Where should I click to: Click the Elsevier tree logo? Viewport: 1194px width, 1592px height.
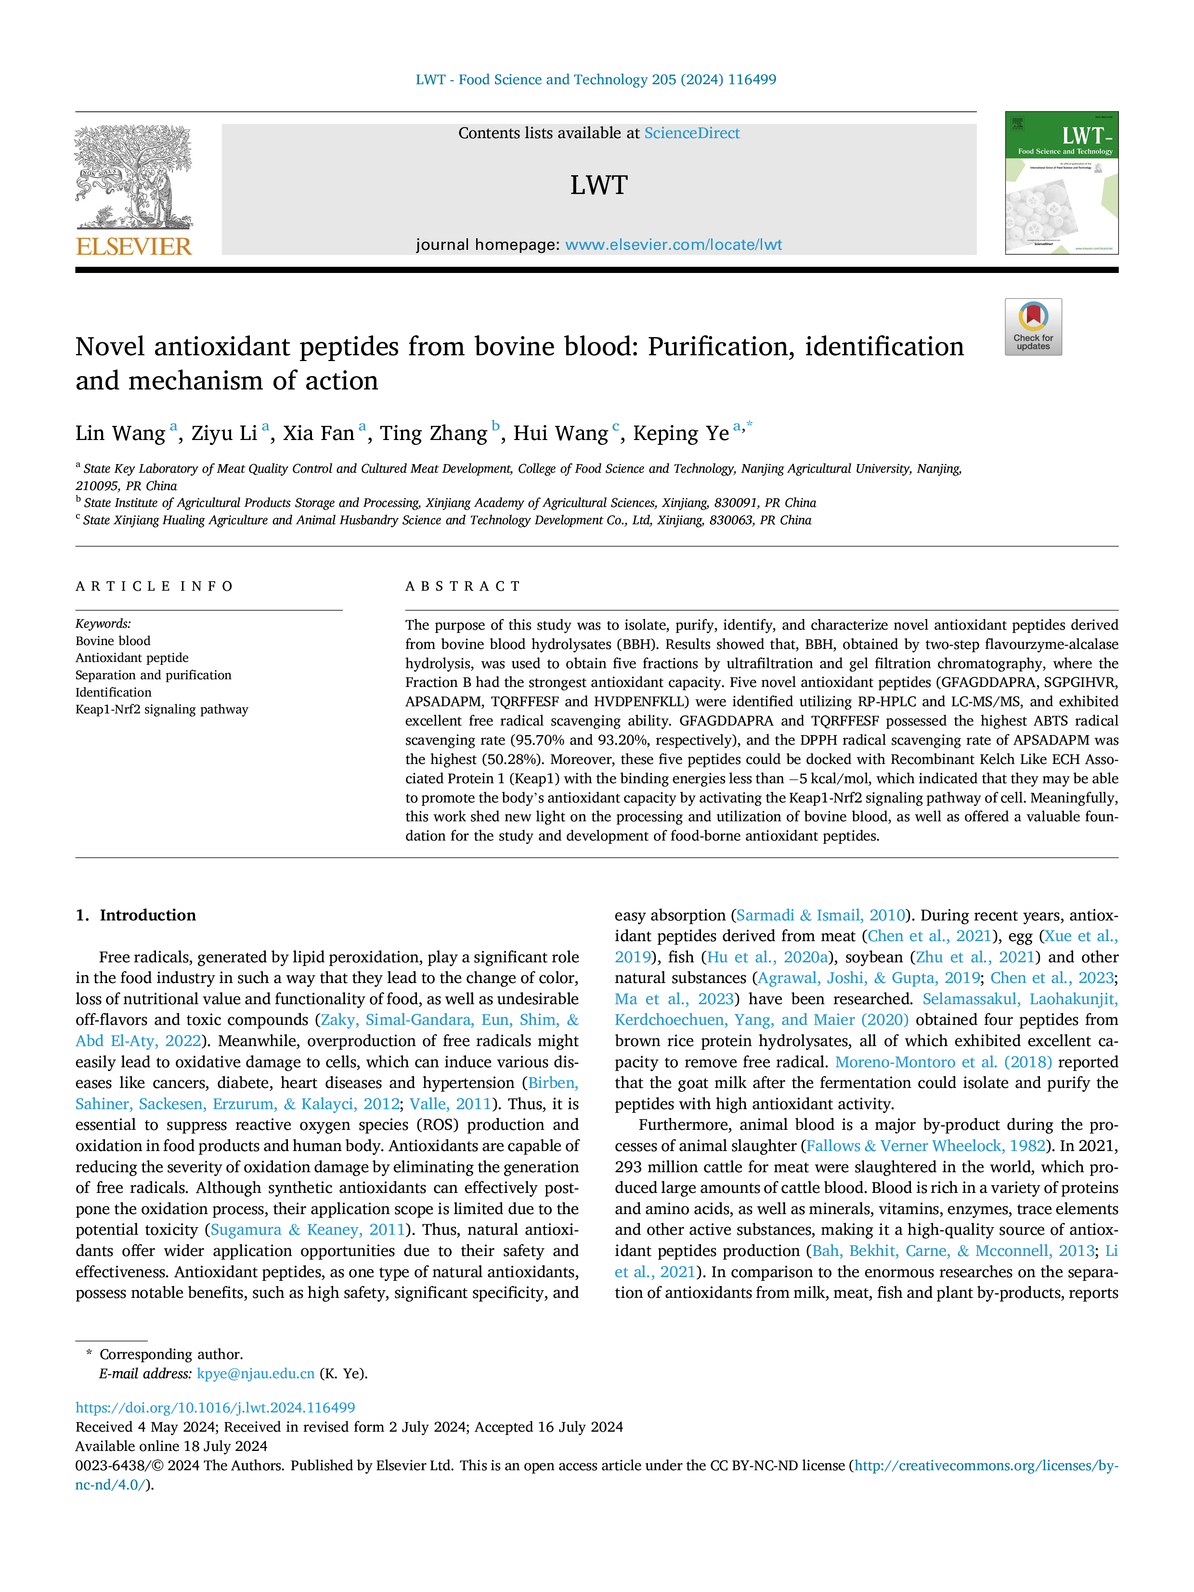pos(134,177)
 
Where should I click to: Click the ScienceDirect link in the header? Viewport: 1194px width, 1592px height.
pos(692,133)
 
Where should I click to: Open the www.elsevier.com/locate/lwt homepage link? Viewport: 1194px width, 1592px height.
pos(673,245)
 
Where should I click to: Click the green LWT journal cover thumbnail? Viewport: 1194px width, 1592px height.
pos(1062,183)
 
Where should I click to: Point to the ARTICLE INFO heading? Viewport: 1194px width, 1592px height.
pos(154,586)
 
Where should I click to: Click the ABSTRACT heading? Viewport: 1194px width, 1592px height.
pos(463,586)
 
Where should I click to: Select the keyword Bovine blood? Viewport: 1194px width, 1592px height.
pos(113,641)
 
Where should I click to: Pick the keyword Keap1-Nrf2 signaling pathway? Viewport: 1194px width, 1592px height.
pos(162,709)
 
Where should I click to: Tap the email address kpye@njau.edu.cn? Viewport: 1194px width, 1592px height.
pos(256,1373)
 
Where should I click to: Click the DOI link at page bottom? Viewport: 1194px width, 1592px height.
pos(215,1407)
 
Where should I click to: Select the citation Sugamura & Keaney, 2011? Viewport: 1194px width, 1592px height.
pos(308,1230)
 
